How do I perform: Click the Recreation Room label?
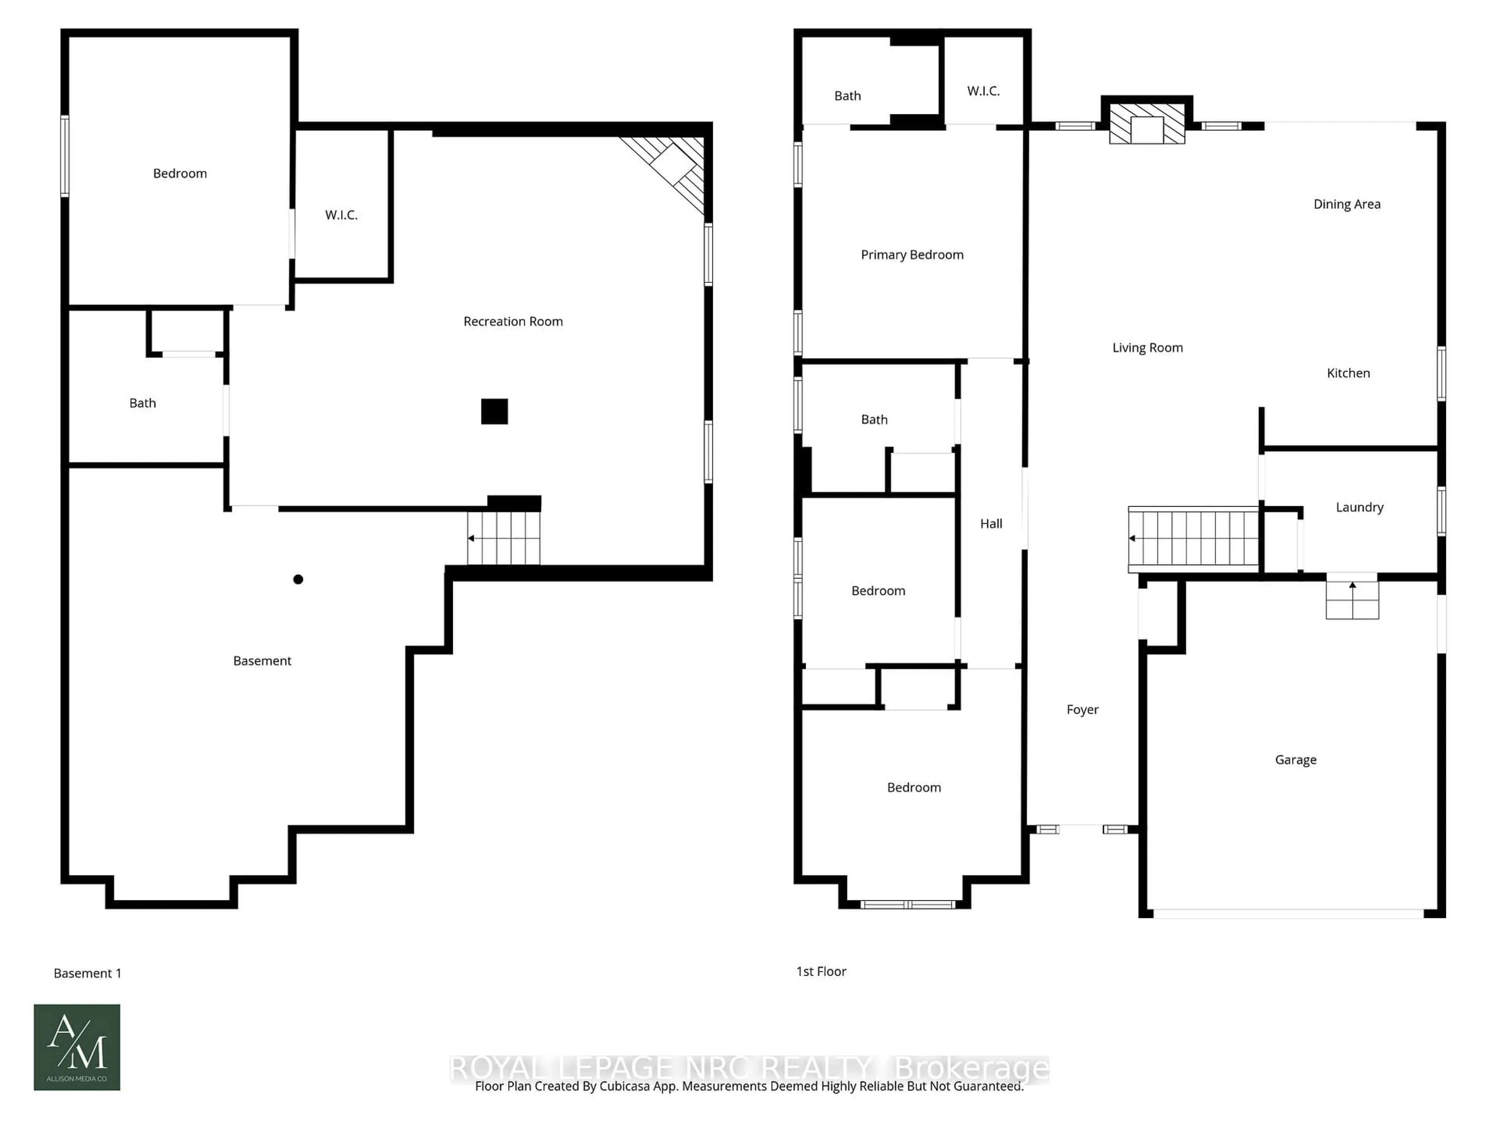click(513, 321)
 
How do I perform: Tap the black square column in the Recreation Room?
click(494, 411)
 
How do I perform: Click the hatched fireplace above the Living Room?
click(1147, 124)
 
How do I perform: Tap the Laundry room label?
click(1359, 507)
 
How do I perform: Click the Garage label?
click(1295, 759)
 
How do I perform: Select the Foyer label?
click(1082, 710)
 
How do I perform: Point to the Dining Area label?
click(1346, 204)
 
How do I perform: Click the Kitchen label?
click(1348, 373)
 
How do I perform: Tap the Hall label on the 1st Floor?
click(991, 524)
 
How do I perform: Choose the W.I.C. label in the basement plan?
click(341, 215)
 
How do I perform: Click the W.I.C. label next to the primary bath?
click(983, 91)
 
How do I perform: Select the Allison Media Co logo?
click(77, 1047)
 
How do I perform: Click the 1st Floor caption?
click(821, 971)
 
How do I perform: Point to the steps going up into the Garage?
click(1352, 599)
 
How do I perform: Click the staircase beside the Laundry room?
click(1193, 539)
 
